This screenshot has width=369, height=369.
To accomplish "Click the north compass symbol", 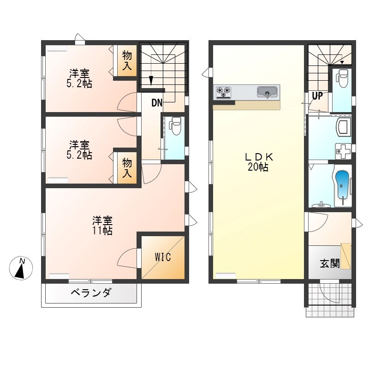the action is click(21, 268).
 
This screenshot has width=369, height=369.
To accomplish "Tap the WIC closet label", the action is click(163, 257).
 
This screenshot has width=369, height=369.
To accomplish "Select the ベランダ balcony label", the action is click(90, 293).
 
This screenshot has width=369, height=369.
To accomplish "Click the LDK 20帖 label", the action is click(258, 162).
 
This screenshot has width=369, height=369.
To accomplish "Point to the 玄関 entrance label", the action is click(330, 263).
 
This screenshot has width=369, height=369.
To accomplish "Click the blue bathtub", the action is click(342, 185).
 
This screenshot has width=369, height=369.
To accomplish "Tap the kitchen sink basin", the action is click(267, 92).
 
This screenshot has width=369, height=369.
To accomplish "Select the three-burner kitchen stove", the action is click(223, 92).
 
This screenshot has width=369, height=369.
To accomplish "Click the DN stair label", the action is click(157, 103).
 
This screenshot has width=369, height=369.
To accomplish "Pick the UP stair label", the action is click(317, 96).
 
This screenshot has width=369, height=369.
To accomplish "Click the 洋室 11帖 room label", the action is click(102, 226).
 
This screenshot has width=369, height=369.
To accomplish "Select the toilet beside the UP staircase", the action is click(343, 78).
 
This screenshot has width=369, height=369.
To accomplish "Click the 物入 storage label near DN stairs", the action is click(127, 61).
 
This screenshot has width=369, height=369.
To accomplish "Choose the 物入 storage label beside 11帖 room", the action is click(127, 168).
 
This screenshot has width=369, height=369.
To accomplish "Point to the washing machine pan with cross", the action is click(343, 151).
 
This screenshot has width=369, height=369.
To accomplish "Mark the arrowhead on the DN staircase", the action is click(151, 81).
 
